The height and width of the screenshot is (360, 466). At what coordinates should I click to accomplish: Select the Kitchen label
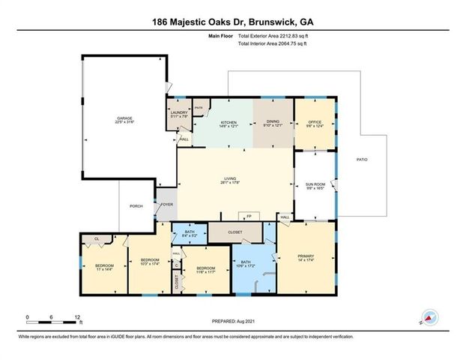[228, 123]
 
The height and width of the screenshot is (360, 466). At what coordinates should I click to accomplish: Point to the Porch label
[136, 206]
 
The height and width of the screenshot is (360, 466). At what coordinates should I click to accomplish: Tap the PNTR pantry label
[199, 109]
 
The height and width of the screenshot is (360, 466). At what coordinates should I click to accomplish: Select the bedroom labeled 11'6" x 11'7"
[205, 270]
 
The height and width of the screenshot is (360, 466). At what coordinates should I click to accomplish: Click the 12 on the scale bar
[77, 317]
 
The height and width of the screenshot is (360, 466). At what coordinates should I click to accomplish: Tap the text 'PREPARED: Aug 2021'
[233, 322]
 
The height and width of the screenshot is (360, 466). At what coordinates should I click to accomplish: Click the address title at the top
[232, 21]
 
